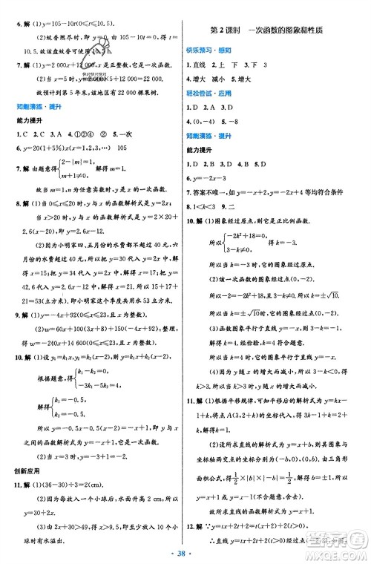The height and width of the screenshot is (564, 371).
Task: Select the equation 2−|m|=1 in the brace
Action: pyautogui.click(x=74, y=163)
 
